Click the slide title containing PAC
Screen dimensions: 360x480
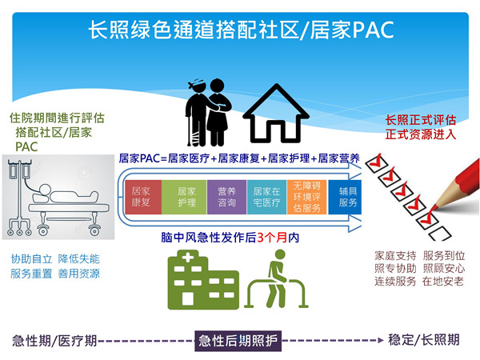click(x=240, y=30)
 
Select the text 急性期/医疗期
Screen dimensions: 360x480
click(x=54, y=340)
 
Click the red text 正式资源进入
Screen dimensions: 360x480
click(x=421, y=134)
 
